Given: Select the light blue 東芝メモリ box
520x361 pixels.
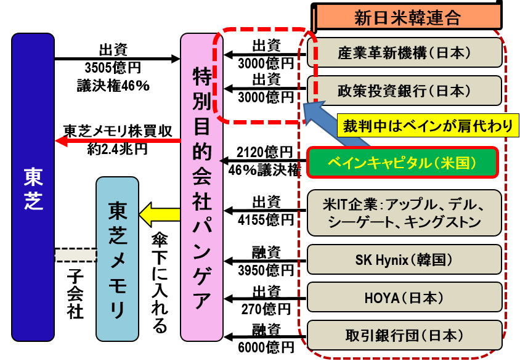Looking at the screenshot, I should (x=117, y=258).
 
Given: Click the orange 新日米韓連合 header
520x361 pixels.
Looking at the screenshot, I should (x=407, y=17).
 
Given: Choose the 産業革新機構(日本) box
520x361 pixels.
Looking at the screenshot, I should (x=406, y=52).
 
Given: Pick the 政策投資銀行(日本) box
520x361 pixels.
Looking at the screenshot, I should (x=406, y=91).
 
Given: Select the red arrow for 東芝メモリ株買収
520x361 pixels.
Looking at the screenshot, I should (x=117, y=141).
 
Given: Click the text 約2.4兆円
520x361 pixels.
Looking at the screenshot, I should (x=117, y=150).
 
